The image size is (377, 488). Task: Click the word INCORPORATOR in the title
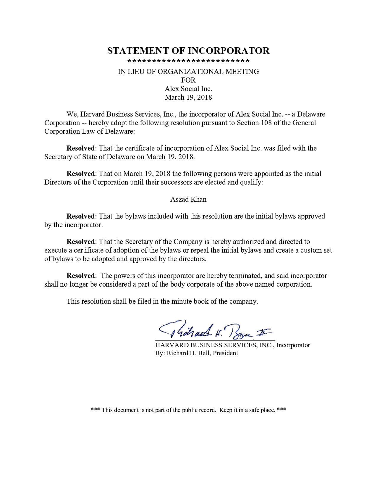pos(229,51)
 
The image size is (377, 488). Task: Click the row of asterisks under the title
pos(188,62)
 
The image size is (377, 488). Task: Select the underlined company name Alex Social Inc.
pos(188,89)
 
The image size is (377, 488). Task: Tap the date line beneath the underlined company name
pos(188,97)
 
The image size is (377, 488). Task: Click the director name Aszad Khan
pos(188,199)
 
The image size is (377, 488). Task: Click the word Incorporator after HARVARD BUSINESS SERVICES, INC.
pos(293,345)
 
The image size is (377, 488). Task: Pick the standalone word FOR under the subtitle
pos(188,80)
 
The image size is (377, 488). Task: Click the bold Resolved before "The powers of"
pos(81,276)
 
